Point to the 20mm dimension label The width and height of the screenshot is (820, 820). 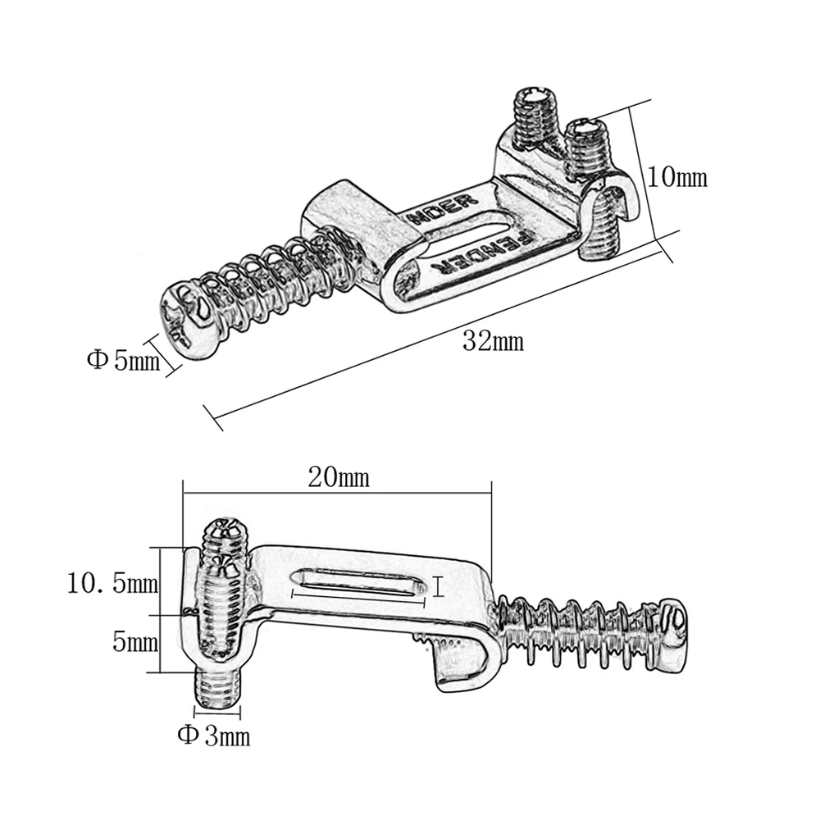339,477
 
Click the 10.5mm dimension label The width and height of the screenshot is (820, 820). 112,584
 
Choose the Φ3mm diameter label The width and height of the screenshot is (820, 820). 214,736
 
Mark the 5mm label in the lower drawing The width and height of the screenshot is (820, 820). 134,642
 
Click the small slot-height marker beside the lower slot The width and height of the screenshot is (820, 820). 440,585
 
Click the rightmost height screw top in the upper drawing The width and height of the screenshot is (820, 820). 585,130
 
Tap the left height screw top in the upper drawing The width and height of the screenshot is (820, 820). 535,102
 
